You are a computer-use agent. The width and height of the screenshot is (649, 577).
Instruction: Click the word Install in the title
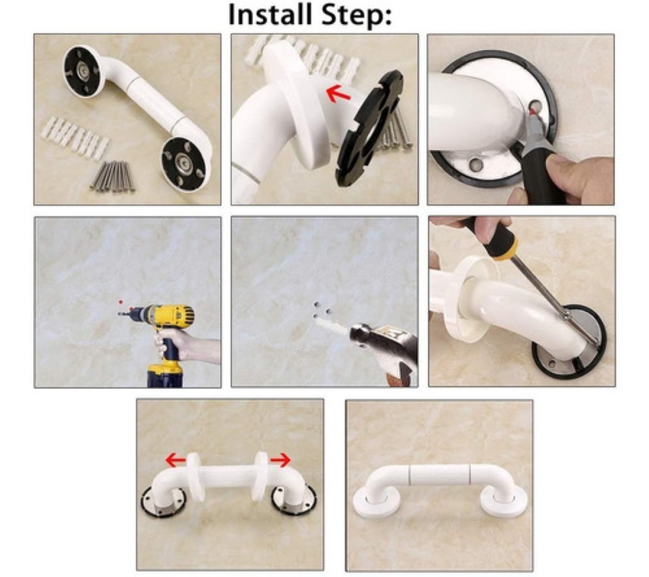coord(270,15)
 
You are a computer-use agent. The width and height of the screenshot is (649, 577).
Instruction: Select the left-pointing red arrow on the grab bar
coord(176,460)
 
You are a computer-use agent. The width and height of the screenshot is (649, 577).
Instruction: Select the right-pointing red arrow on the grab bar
coord(281,460)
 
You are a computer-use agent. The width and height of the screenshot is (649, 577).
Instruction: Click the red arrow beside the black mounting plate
coord(338,94)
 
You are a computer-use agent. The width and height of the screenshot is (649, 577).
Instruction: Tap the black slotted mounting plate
coord(368,128)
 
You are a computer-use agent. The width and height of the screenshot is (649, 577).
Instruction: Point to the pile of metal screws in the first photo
coord(112,177)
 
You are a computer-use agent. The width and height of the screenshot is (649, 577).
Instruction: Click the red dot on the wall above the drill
coord(121,302)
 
